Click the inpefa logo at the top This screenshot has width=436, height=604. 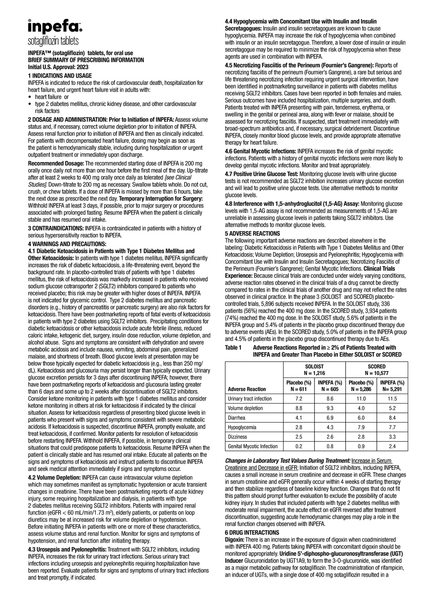tap(55, 27)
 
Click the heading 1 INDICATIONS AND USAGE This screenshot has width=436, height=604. tap(60, 76)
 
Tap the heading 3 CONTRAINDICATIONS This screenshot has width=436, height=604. tap(56, 229)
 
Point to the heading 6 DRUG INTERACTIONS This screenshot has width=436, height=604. tap(252, 533)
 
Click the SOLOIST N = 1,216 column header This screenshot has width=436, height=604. tap(314, 370)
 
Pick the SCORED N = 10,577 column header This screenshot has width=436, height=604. tap(376, 370)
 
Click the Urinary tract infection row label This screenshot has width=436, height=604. tap(250, 399)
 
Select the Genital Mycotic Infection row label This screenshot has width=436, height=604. tap(253, 446)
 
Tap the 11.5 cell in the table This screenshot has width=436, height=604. tap(392, 399)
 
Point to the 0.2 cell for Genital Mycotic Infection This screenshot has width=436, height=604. tap(299, 446)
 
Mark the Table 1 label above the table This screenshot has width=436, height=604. tap(233, 348)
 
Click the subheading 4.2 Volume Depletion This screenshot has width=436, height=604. tap(54, 477)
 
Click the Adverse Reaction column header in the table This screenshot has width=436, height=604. tap(247, 389)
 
